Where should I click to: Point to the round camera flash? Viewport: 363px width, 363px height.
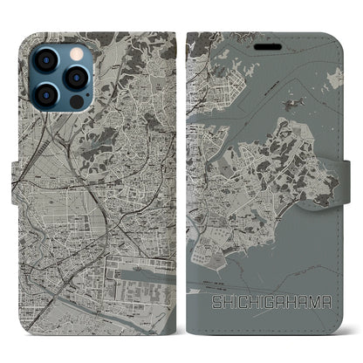(x=74, y=45)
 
